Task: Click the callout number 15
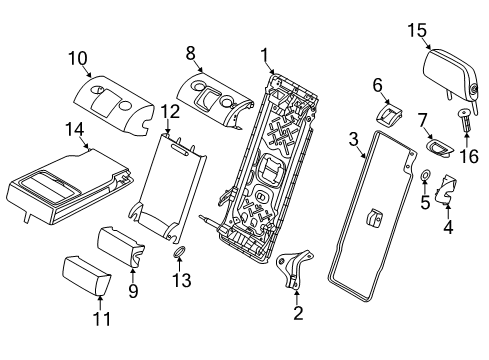(x=417, y=30)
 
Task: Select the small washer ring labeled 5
(x=426, y=175)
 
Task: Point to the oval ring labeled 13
(x=179, y=252)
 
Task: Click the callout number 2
(x=298, y=313)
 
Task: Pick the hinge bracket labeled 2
(x=292, y=268)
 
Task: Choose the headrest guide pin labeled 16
(x=465, y=119)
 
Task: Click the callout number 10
(x=78, y=58)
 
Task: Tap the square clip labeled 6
(x=389, y=114)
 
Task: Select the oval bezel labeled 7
(x=440, y=147)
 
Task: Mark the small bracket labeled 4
(x=446, y=189)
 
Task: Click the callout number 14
(x=74, y=129)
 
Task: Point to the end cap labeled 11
(x=86, y=276)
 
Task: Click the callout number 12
(x=170, y=111)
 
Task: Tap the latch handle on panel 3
(x=373, y=217)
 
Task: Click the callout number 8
(x=190, y=53)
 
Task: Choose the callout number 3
(x=354, y=139)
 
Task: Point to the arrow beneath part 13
(x=179, y=265)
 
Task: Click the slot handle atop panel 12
(x=182, y=148)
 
